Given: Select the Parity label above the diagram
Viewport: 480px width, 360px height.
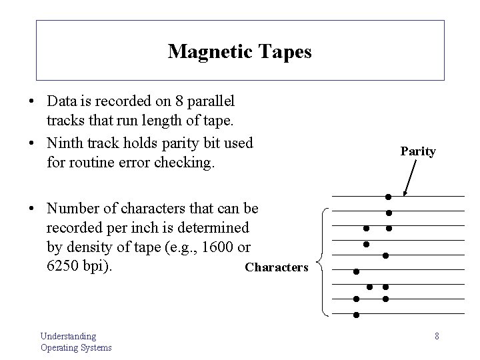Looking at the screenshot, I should click(418, 151).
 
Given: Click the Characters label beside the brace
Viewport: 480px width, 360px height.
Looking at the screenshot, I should click(277, 267).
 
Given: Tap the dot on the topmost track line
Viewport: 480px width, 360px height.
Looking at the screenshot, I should click(387, 197).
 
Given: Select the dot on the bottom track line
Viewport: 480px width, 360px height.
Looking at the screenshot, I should click(356, 315).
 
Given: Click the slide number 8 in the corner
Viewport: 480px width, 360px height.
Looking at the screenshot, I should click(437, 336).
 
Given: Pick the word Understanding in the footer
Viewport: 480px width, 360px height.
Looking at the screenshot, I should click(68, 336).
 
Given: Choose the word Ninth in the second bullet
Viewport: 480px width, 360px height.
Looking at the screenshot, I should click(64, 143).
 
